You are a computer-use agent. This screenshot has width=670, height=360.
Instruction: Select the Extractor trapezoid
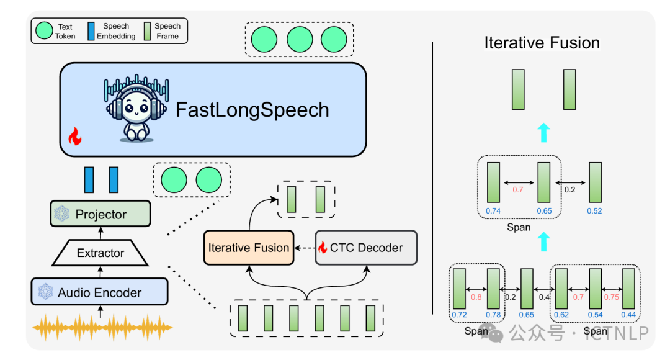point(100,253)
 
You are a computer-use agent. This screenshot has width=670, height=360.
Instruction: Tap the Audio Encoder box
point(100,292)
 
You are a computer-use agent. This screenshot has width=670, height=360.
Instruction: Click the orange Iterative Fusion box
point(248,248)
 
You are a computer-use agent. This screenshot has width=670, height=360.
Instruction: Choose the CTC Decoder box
point(366,248)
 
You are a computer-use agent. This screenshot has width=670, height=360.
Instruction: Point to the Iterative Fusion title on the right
point(542,43)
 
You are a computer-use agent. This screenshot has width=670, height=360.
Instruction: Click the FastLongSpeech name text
point(252,110)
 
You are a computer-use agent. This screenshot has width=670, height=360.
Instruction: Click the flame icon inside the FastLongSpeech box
point(74,136)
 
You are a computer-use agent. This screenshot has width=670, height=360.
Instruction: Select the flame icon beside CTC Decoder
point(323,248)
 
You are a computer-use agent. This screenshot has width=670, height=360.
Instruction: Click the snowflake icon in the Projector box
point(62,214)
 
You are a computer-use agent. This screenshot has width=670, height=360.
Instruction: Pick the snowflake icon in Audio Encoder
point(45,292)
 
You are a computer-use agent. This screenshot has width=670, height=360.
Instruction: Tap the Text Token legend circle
point(45,30)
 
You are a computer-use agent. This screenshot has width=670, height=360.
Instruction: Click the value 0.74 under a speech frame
point(493,211)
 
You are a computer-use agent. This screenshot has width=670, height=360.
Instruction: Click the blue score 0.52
point(594,211)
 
